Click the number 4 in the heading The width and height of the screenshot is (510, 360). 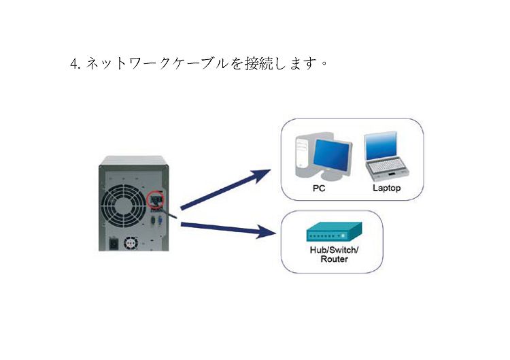coord(73,63)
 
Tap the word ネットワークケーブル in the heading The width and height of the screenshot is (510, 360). coord(157,63)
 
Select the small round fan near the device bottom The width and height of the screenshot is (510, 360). coord(131,243)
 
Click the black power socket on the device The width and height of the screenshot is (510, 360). coord(114,243)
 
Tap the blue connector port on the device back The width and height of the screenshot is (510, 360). coord(160,221)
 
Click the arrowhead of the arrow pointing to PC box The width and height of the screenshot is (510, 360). coord(262,175)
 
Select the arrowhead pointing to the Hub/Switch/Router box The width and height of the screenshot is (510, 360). coord(267,232)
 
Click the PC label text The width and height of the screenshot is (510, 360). coord(319,188)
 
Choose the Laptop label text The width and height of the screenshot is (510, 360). coord(386,188)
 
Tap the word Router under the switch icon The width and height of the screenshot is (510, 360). coord(334,259)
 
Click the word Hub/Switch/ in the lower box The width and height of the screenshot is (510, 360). coord(334,250)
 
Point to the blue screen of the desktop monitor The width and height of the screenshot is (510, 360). coord(332,157)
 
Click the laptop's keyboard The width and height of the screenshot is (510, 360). coord(387,166)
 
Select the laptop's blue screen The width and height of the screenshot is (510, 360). coord(381,146)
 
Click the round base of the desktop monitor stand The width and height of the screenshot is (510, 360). coord(331,176)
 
